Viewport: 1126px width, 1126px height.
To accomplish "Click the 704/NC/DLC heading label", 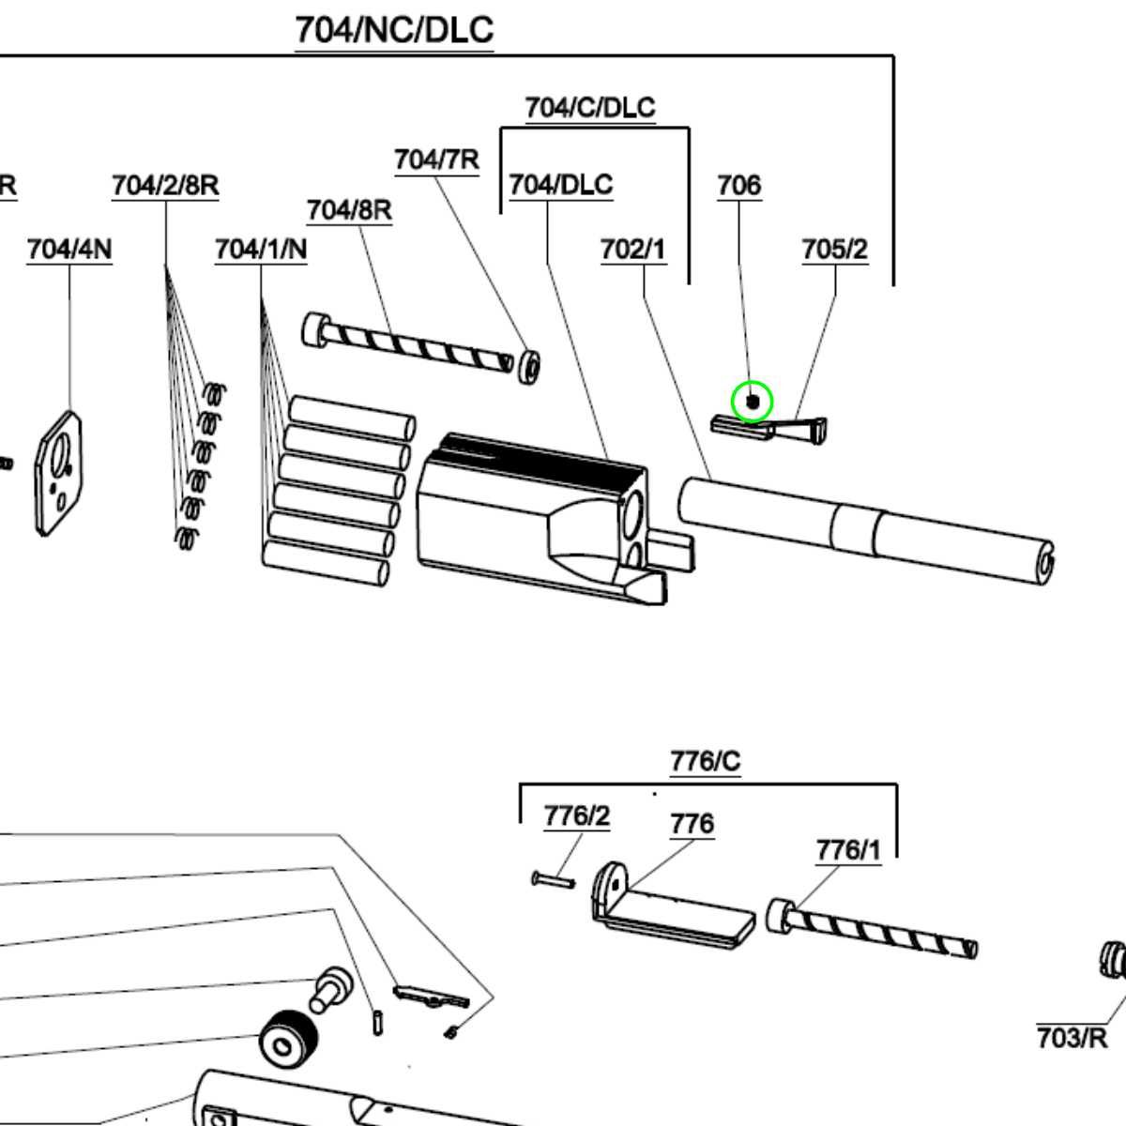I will coord(394,30).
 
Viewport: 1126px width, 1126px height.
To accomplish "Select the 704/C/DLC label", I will coord(589,108).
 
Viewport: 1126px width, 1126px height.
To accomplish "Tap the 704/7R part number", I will coord(436,160).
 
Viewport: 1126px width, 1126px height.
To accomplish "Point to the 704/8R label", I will coord(349,210).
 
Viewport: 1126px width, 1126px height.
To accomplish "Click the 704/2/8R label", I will coord(165,186).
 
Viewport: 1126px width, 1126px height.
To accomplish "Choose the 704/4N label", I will coord(69,250).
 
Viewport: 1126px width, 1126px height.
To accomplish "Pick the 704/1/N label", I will coord(261,250).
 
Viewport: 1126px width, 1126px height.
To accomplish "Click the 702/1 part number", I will coord(633,250).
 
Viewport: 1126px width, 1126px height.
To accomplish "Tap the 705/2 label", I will coord(834,250).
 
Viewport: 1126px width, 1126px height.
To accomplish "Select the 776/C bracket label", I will coord(705,761).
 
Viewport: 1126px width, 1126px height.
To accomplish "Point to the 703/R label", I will coord(1072,1039).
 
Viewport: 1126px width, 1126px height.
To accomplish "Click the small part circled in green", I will coord(752,402).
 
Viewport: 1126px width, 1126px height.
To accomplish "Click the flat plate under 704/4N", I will coord(58,474).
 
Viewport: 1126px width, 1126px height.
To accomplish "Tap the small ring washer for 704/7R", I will coord(529,366).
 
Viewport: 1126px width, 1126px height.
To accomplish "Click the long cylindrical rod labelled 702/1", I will coord(863,529).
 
